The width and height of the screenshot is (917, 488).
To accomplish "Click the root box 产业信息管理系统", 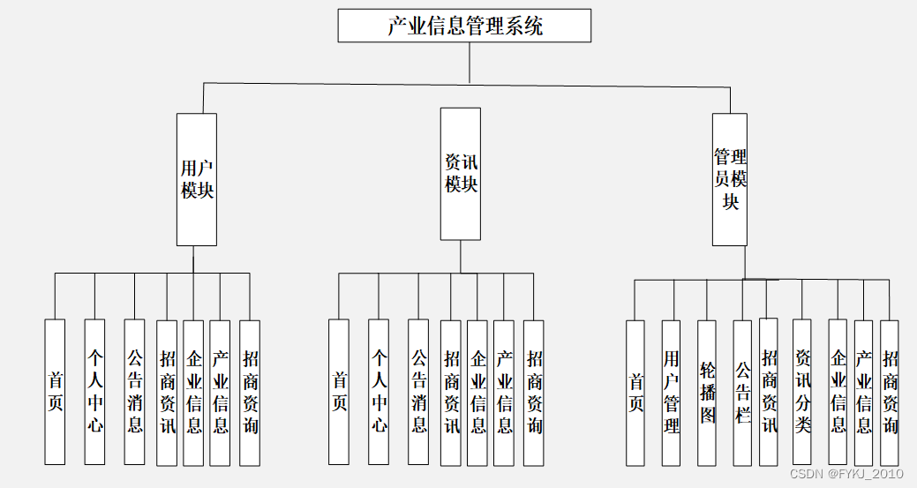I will [464, 26].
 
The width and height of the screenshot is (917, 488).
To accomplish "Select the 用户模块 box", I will [197, 179].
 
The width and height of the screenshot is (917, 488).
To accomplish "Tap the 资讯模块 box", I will [461, 174].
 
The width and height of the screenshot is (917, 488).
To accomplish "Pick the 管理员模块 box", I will [730, 179].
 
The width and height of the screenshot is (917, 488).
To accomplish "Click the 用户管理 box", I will [672, 393].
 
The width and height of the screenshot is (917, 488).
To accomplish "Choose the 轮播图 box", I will [707, 393].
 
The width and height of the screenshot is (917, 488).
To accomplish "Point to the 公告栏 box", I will [743, 393].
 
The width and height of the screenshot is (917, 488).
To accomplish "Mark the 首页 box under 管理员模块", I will [635, 393].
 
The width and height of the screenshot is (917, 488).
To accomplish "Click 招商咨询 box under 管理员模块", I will [890, 393].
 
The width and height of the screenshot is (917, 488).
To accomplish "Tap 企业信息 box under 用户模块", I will [193, 393].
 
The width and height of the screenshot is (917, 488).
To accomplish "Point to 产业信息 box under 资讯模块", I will [504, 393].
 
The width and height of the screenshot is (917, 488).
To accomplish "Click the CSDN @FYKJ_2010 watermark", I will [846, 474].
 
